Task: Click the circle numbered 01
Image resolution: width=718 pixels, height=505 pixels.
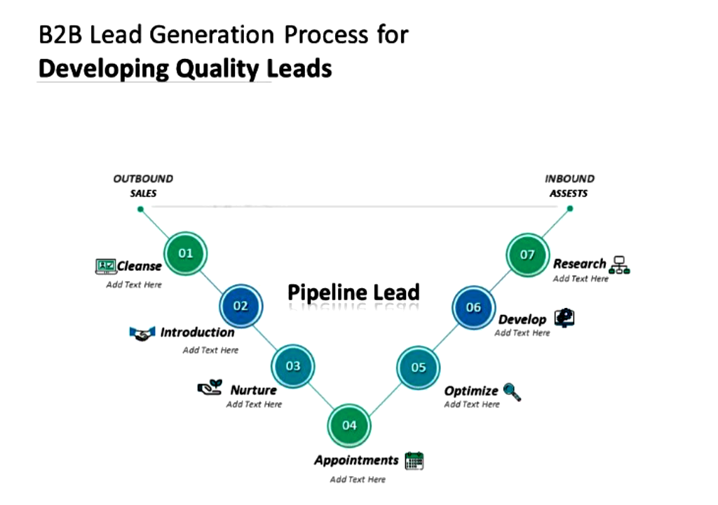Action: [x=185, y=253]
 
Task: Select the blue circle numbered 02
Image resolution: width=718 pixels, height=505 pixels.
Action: [x=241, y=306]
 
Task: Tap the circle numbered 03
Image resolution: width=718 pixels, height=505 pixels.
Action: [x=293, y=365]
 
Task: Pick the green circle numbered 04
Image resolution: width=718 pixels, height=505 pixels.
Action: [x=349, y=425]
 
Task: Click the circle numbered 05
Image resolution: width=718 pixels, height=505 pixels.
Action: [x=419, y=368]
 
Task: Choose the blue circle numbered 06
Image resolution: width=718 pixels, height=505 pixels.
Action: [x=474, y=307]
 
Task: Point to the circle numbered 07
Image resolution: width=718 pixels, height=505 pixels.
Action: [x=527, y=255]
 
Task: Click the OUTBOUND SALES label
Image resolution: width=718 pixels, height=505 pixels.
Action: [x=143, y=186]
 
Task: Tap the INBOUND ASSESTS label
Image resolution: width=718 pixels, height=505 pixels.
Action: [x=569, y=186]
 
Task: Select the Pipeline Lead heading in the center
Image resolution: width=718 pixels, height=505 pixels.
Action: [x=353, y=292]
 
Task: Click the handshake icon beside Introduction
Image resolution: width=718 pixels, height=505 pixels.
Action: [x=142, y=333]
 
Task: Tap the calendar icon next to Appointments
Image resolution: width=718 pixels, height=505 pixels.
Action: [x=414, y=461]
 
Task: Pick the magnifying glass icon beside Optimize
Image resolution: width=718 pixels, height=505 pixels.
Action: [x=512, y=391]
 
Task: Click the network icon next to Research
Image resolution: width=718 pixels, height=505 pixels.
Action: [x=620, y=264]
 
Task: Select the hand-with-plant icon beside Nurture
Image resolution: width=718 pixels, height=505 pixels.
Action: [x=210, y=387]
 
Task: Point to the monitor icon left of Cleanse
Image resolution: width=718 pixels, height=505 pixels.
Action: [x=105, y=266]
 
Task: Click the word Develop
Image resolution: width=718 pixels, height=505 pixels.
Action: [x=522, y=320]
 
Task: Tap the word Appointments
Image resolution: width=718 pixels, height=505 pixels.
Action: [x=356, y=461]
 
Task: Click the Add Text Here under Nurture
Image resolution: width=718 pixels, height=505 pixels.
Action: [x=254, y=405]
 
